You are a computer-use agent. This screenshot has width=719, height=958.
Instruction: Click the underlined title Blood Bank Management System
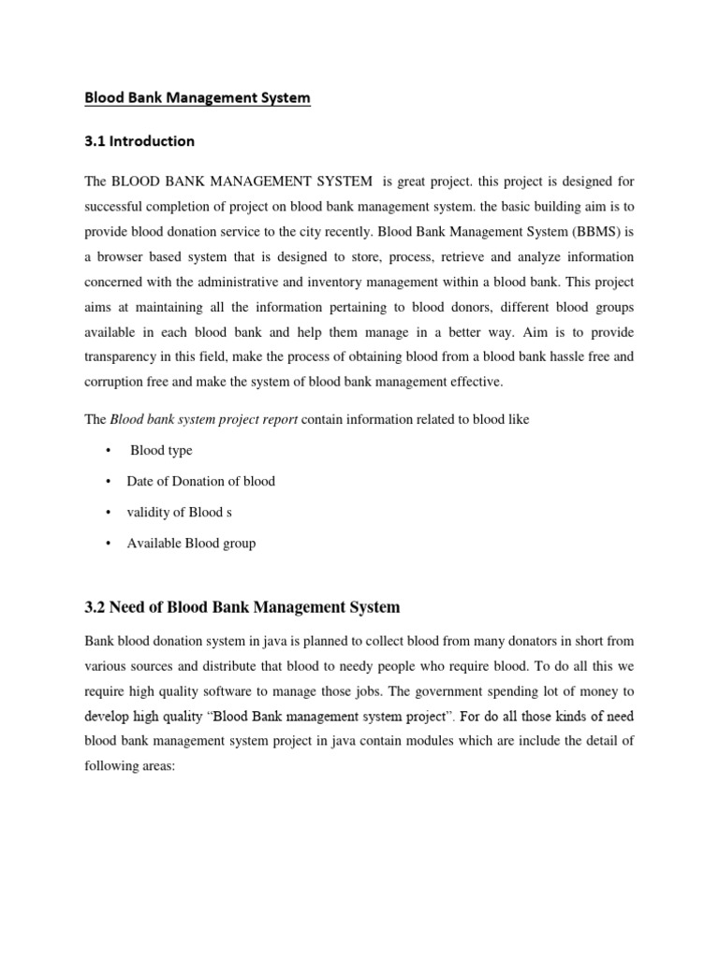click(x=198, y=98)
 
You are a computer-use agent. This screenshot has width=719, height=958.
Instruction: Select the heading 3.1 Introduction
click(x=140, y=142)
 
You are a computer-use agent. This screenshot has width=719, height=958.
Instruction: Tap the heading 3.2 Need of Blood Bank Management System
click(x=242, y=608)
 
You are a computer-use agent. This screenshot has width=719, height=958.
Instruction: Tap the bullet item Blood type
click(x=161, y=451)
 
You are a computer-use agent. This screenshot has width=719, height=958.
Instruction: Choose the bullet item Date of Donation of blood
click(x=201, y=482)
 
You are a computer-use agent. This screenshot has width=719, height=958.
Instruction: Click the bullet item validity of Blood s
click(x=175, y=513)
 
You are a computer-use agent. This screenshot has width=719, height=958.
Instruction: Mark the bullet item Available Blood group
click(x=191, y=544)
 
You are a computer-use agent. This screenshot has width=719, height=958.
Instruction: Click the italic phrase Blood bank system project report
click(x=204, y=420)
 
